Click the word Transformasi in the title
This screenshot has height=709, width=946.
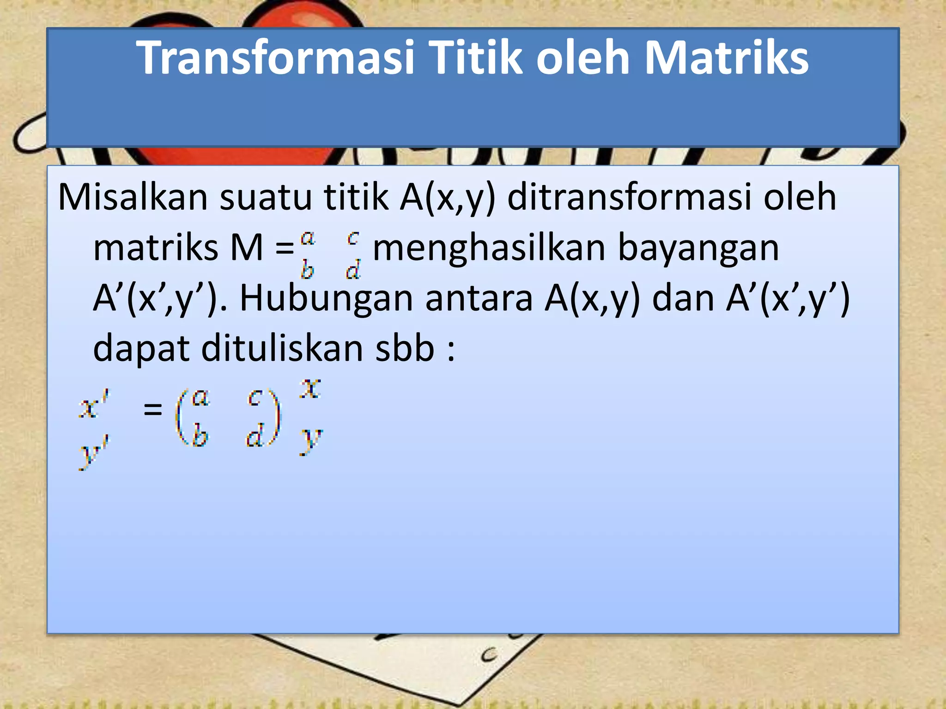click(x=276, y=58)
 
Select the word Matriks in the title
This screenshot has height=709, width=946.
click(x=726, y=58)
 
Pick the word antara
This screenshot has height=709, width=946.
click(x=479, y=299)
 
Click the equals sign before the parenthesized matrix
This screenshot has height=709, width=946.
click(x=153, y=409)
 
